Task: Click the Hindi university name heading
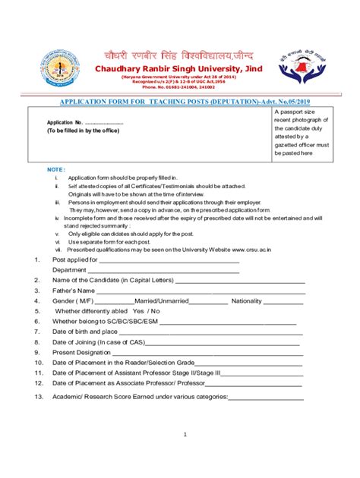(179, 56)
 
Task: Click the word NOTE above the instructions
(56, 168)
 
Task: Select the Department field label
(69, 269)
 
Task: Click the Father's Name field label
(74, 291)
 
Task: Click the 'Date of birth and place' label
(85, 332)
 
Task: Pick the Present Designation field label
(81, 352)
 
